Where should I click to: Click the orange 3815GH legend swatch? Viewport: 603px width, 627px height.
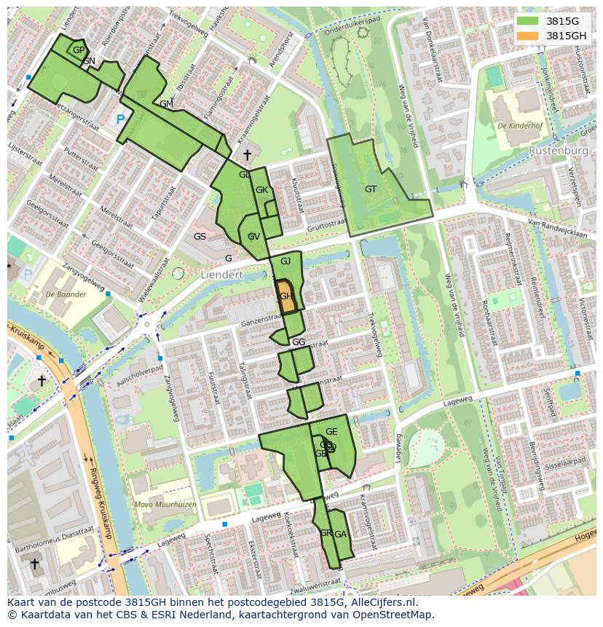(529, 36)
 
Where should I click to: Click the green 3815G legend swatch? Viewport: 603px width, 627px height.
(529, 21)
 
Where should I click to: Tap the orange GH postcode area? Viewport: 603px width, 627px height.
(287, 296)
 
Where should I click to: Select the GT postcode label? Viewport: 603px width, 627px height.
(371, 189)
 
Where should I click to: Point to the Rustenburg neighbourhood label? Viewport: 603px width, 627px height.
(559, 150)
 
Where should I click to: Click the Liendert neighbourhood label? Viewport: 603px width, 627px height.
(221, 275)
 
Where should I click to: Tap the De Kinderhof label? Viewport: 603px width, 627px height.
(522, 126)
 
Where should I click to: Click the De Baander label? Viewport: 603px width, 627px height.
(65, 295)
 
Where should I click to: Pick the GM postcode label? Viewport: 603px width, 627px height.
(166, 104)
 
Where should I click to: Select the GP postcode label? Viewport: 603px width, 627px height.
(79, 50)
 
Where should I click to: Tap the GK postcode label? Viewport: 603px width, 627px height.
(262, 190)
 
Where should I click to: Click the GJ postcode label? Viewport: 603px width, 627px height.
(285, 261)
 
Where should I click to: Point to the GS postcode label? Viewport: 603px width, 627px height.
(200, 237)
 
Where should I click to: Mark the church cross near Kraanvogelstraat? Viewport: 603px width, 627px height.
(247, 155)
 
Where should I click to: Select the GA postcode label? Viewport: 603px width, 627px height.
(340, 535)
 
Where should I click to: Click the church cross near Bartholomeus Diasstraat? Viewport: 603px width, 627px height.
(34, 564)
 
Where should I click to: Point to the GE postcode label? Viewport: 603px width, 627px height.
(331, 432)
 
